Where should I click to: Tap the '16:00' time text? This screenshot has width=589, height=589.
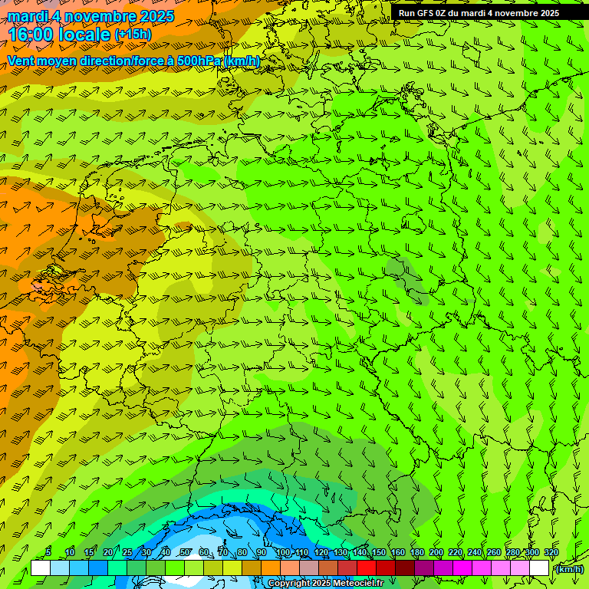coord(32,35)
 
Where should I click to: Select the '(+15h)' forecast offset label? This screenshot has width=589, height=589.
coord(133,35)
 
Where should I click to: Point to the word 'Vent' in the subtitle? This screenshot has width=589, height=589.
coord(21,61)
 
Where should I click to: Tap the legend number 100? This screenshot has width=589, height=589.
coord(283,553)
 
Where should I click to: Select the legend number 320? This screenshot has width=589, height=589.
coord(551,553)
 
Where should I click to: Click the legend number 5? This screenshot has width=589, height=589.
coord(48,553)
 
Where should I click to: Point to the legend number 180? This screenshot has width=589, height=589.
coord(416,553)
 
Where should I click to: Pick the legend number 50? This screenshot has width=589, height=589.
coord(185,553)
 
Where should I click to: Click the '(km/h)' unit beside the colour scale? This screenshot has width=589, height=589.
coord(569,569)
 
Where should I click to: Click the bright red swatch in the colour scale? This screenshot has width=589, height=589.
coord(366,568)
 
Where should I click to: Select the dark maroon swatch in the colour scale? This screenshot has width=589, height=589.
coord(404,568)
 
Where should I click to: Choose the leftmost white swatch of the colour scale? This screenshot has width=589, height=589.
coord(40,568)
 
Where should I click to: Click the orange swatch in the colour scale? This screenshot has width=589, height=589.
coord(270,568)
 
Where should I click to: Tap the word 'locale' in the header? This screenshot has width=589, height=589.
coord(84,35)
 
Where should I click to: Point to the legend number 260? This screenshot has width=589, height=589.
coord(493,553)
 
